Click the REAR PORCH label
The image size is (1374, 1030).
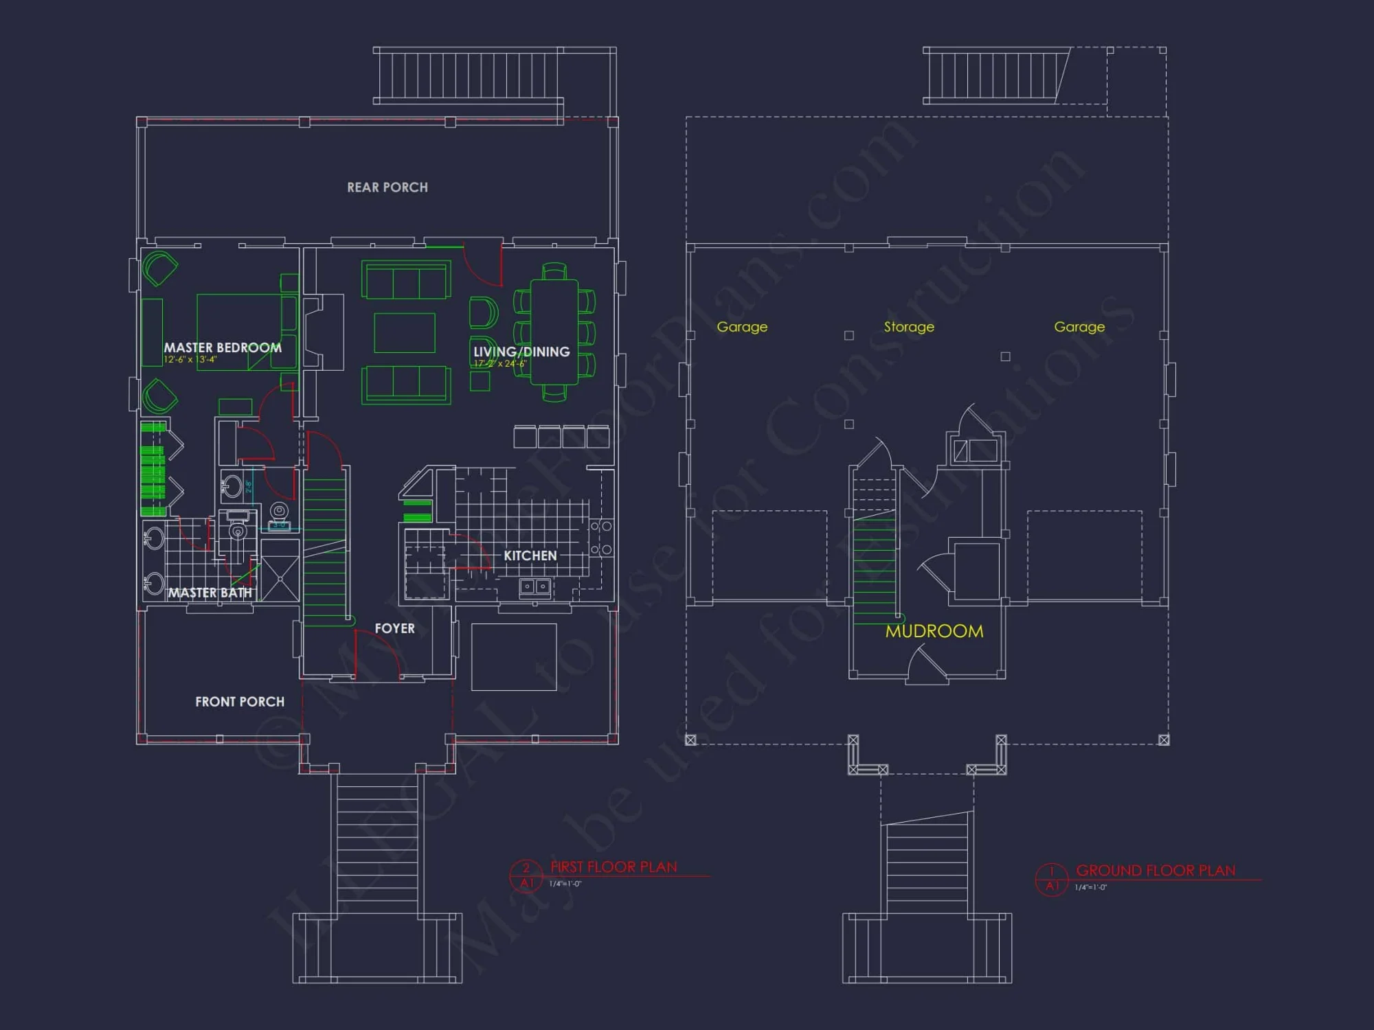pyautogui.click(x=387, y=187)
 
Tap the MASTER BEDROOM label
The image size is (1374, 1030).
pyautogui.click(x=223, y=347)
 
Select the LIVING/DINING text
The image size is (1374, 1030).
pyautogui.click(x=521, y=352)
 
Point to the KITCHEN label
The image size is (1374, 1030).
pyautogui.click(x=530, y=556)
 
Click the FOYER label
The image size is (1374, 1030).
pyautogui.click(x=394, y=628)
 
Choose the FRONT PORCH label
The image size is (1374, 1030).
pyautogui.click(x=240, y=702)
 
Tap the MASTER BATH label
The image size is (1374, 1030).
pyautogui.click(x=210, y=593)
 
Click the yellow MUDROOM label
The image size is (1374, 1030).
pyautogui.click(x=934, y=631)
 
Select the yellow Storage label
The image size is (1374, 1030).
pyautogui.click(x=909, y=327)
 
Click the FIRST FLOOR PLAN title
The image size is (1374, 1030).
pyautogui.click(x=613, y=867)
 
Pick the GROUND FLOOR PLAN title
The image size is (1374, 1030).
pyautogui.click(x=1156, y=871)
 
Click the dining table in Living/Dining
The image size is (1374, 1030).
pyautogui.click(x=554, y=332)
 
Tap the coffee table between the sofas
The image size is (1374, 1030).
pyautogui.click(x=405, y=332)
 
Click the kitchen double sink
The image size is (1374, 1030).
pyautogui.click(x=535, y=586)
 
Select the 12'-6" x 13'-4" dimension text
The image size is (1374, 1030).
pyautogui.click(x=190, y=360)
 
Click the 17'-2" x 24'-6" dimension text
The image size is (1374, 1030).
pyautogui.click(x=500, y=363)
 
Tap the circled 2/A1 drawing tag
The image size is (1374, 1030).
pyautogui.click(x=526, y=875)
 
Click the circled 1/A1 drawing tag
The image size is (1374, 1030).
pyautogui.click(x=1052, y=879)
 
